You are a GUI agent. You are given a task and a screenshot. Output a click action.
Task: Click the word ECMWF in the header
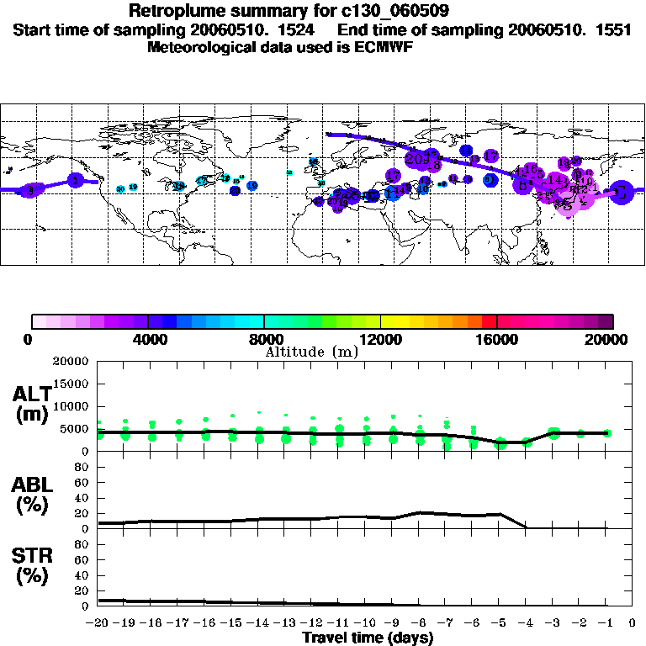point(385,47)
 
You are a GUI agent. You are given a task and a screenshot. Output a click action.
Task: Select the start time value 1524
point(305,29)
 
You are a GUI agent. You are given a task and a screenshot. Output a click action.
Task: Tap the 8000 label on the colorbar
point(265,340)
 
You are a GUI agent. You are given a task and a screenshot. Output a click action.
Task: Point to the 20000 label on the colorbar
point(611,340)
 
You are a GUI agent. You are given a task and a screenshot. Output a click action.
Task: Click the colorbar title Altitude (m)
point(311,352)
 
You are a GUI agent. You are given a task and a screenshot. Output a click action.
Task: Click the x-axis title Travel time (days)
point(368,638)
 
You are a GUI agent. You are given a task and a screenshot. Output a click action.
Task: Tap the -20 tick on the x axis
point(98,623)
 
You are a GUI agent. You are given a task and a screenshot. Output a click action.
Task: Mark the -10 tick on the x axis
point(365,623)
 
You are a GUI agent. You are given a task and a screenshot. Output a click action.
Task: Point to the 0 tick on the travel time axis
point(633,623)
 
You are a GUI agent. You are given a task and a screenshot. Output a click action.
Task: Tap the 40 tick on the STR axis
point(83,575)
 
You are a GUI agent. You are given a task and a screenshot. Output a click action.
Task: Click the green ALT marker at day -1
point(607,432)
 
